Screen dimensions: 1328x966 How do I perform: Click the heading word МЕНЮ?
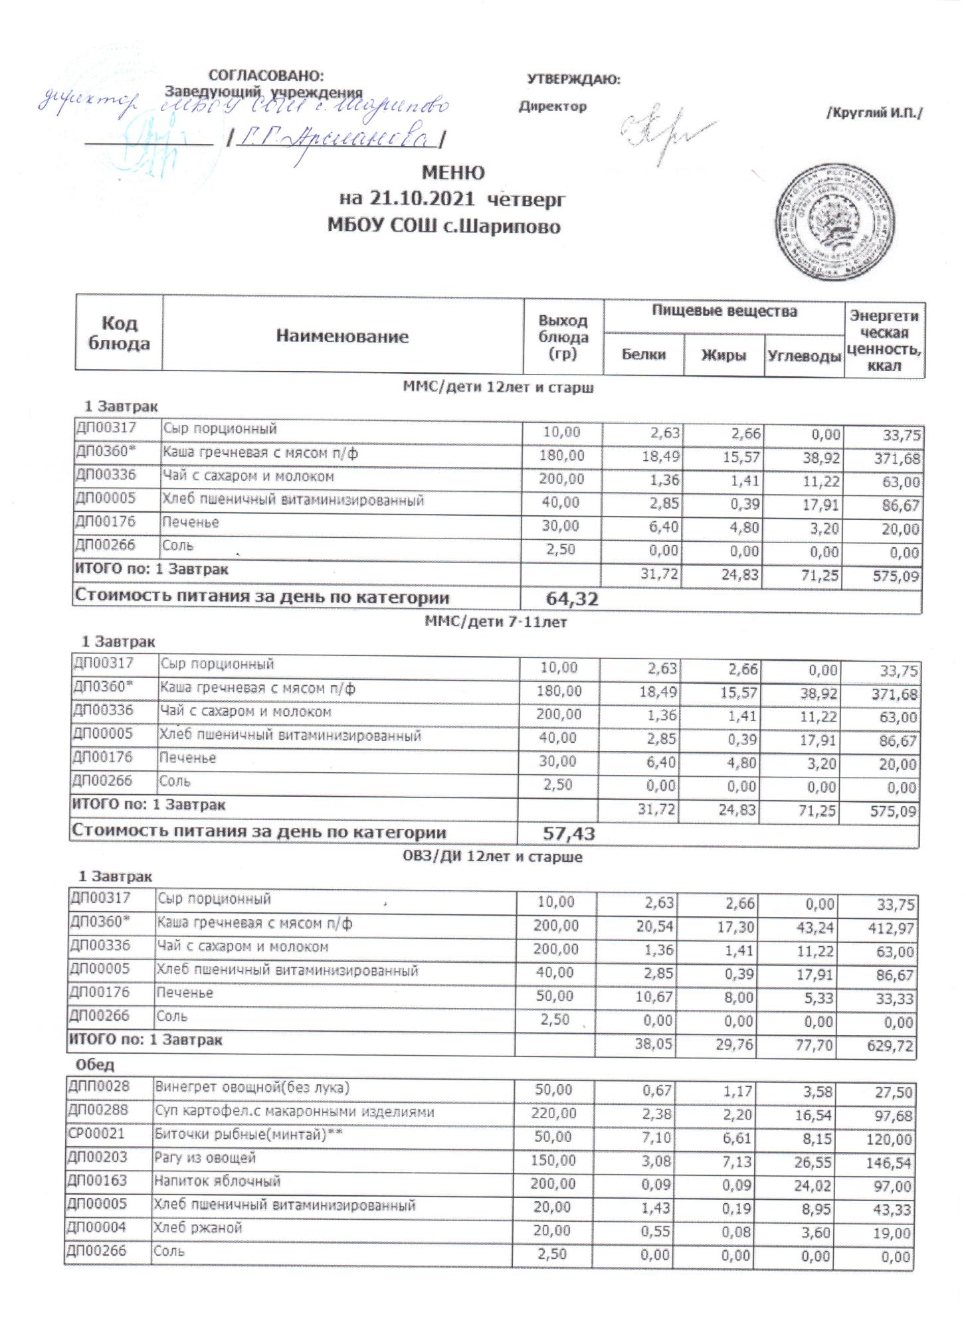454,173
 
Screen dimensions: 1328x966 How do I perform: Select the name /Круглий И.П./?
874,114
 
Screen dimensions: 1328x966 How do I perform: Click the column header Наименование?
342,336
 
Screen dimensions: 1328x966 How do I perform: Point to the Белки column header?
643,355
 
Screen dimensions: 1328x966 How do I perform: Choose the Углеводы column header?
804,356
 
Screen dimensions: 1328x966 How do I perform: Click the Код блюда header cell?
119,333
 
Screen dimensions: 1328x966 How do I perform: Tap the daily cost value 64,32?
571,599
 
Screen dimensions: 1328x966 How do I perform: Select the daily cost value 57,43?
569,834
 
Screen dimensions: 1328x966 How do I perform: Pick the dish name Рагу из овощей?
205,1158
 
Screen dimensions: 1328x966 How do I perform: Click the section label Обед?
95,1064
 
